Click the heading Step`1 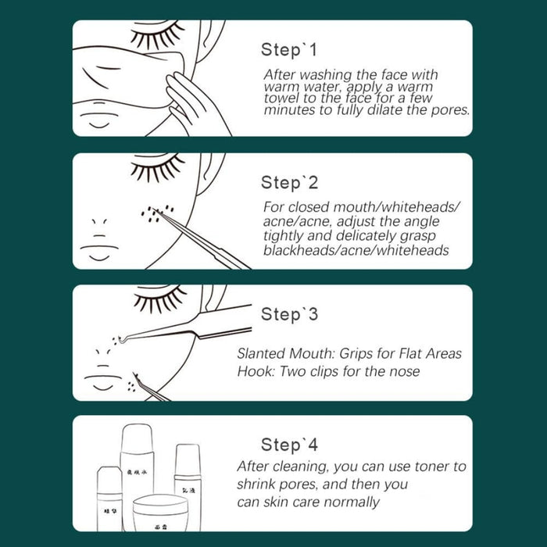(289, 51)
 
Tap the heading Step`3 (289, 315)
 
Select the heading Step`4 (289, 445)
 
